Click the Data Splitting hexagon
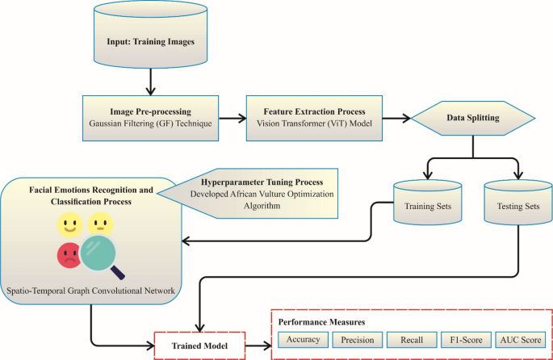(x=472, y=118)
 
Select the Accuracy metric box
(x=302, y=340)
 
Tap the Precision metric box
(x=357, y=340)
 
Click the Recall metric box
(x=411, y=340)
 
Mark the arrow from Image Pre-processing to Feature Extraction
(x=233, y=119)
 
